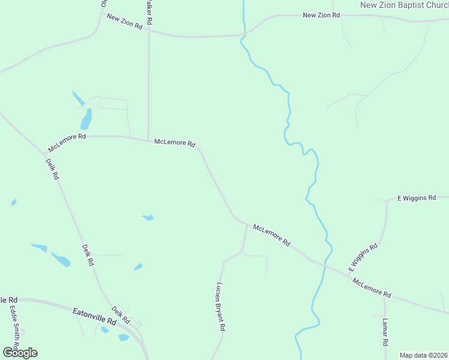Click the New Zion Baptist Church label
coord(403,5)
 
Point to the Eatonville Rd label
coord(94,316)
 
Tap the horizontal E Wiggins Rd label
coord(416,198)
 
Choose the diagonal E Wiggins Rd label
coord(363,256)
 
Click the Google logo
coord(20,352)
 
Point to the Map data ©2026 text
coord(424,355)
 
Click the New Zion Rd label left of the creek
coord(124,22)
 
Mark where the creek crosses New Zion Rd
coord(244,32)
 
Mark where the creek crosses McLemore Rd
coord(325,265)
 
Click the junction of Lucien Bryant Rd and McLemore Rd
coord(247,225)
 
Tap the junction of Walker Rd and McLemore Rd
coord(148,140)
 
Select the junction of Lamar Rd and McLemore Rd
coord(385,296)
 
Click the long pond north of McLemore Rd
coord(86,119)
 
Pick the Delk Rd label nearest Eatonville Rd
coord(121,314)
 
